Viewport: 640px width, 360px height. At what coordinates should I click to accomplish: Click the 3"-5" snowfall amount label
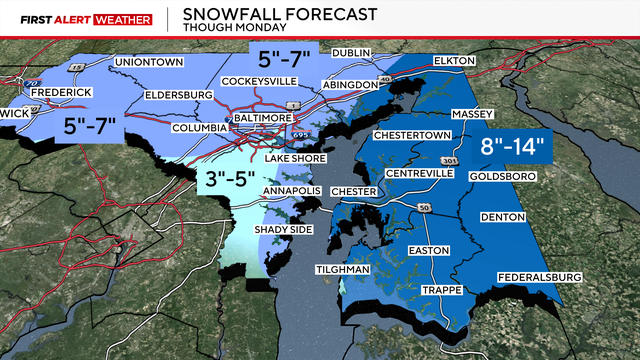point(225,181)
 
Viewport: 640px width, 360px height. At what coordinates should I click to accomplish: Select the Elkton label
point(458,61)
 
